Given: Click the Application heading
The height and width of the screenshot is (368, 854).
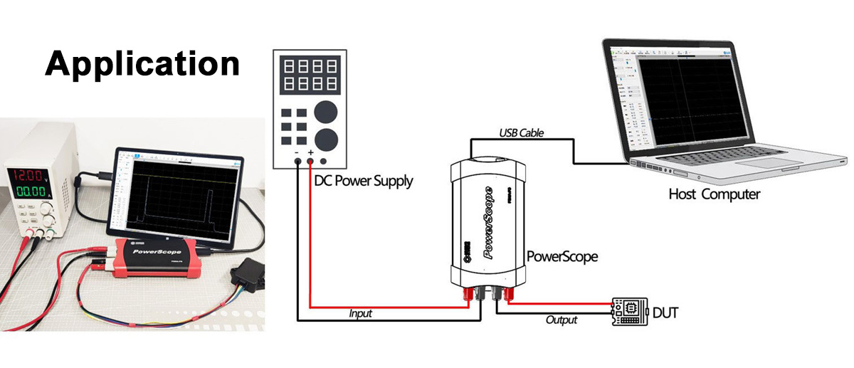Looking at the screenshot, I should pyautogui.click(x=142, y=64).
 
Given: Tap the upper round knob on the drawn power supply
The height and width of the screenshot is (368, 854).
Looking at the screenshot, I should pyautogui.click(x=327, y=112).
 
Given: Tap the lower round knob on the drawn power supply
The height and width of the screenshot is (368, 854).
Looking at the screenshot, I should pyautogui.click(x=327, y=138).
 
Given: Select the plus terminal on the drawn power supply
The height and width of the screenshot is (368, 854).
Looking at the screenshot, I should pyautogui.click(x=310, y=163).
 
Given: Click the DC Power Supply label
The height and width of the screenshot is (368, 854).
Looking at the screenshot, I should pyautogui.click(x=363, y=181).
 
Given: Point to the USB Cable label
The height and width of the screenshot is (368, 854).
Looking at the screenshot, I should pyautogui.click(x=522, y=132).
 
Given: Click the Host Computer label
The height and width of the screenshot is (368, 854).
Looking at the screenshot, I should pyautogui.click(x=714, y=194).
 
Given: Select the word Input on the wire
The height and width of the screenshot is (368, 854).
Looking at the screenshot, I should pyautogui.click(x=360, y=312).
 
